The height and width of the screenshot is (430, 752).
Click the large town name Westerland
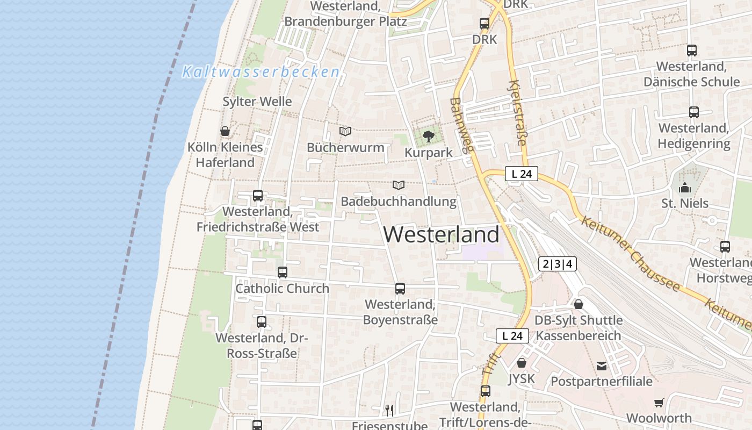pos(442,235)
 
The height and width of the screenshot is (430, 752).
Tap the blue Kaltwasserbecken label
pos(261,71)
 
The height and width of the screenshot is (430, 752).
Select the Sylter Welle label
pos(257,102)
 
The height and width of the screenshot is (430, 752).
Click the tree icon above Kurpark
pos(428,137)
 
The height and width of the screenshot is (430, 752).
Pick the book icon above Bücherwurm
pos(345,131)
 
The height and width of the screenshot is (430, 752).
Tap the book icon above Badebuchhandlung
pos(398,185)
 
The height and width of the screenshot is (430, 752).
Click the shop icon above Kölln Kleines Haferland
pos(225,131)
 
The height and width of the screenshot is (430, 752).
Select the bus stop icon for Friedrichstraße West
pos(258,196)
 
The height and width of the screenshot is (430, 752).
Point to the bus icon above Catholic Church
pos(283,273)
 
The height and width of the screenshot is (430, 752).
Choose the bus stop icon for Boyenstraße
pos(400,289)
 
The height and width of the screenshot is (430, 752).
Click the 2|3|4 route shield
pos(558,264)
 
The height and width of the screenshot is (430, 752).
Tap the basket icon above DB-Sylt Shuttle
pos(579,304)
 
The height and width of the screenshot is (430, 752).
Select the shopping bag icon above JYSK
pos(521,363)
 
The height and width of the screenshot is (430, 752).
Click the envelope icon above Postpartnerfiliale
pos(602,366)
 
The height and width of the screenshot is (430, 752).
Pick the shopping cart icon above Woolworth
pos(659,403)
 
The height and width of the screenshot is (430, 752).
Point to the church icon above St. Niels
pos(685,188)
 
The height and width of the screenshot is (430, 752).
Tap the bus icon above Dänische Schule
pos(692,51)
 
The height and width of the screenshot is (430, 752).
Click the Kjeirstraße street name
pos(517,113)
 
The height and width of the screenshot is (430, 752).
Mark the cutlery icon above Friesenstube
pos(389,410)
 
